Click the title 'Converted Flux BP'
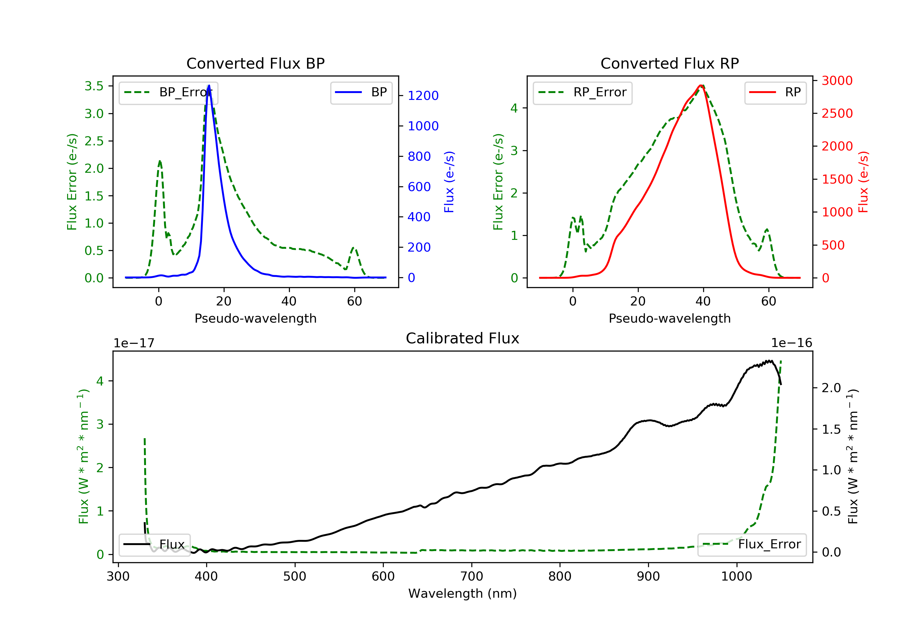click(x=255, y=63)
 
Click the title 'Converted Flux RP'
click(x=669, y=63)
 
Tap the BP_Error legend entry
click(x=168, y=92)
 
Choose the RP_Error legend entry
click(x=582, y=92)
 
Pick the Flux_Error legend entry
click(x=752, y=544)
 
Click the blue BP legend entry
click(x=361, y=92)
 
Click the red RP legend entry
click(x=775, y=92)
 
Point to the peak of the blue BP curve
click(x=209, y=85)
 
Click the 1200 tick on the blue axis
click(x=423, y=96)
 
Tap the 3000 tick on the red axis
click(x=837, y=81)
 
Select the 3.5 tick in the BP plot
click(x=94, y=86)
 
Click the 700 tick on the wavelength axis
click(x=472, y=577)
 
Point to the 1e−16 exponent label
click(x=791, y=343)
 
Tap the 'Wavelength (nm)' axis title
click(x=463, y=593)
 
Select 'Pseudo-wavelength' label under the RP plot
click(x=669, y=318)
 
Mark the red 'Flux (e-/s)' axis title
click(x=863, y=182)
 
